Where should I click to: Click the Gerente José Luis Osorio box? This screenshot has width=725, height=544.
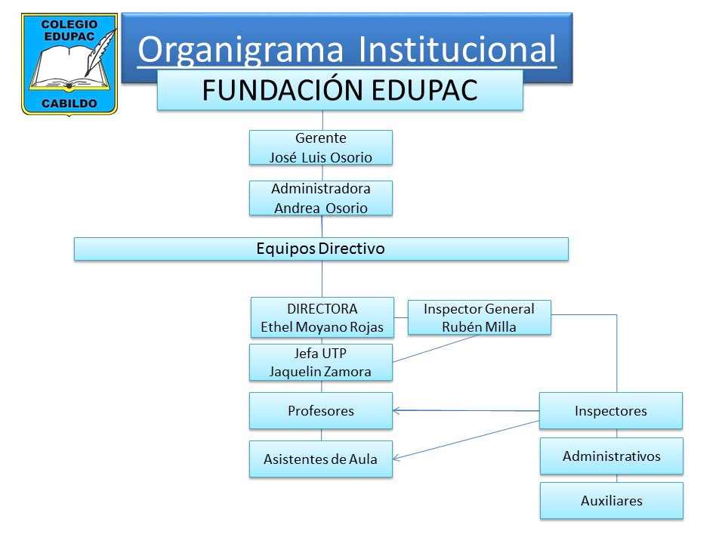[x=321, y=147]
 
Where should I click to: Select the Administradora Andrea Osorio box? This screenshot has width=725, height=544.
[x=321, y=199]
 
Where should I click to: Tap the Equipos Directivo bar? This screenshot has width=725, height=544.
[x=322, y=249]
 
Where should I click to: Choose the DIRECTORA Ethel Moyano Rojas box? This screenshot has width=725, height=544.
[x=322, y=317]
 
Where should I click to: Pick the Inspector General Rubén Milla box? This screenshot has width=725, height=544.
[x=480, y=317]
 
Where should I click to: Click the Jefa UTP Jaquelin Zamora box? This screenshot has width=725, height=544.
[x=321, y=362]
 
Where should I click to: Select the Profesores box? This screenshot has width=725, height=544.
[x=321, y=411]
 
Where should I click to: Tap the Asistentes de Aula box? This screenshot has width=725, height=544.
[x=321, y=459]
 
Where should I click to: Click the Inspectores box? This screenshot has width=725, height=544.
[x=611, y=411]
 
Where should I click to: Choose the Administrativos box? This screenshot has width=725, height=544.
[x=612, y=456]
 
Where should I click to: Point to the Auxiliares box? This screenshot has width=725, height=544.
[x=612, y=500]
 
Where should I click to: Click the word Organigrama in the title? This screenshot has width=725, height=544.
[x=241, y=51]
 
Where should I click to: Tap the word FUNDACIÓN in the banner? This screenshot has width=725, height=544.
[x=283, y=90]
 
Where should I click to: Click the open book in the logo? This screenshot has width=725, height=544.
[x=69, y=69]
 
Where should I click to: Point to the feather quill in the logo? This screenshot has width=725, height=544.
[x=100, y=52]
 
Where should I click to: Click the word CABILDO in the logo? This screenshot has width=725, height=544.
[x=69, y=104]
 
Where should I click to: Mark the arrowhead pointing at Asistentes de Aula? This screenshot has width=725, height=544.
[x=396, y=458]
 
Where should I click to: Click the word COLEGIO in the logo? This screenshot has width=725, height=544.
[x=69, y=24]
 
